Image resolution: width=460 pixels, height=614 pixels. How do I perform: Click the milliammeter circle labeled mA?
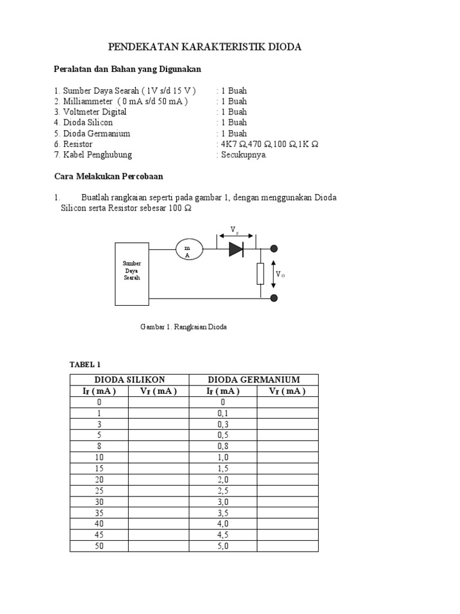tap(189, 249)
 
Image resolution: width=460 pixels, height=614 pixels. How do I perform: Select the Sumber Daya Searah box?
tap(132, 274)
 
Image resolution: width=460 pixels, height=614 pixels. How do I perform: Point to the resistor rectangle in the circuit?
tap(261, 273)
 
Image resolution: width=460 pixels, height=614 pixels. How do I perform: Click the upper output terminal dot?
tap(275, 249)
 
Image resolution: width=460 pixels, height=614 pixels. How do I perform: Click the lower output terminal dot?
tap(275, 298)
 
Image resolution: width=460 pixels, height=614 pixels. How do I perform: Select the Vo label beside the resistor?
tap(280, 274)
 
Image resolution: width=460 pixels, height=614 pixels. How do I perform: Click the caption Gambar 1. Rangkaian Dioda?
tap(183, 327)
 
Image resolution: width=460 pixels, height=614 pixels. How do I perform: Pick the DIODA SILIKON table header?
tap(129, 380)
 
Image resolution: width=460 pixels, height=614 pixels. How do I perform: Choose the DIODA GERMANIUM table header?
tap(253, 380)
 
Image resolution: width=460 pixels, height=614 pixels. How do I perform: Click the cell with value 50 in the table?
tap(99, 546)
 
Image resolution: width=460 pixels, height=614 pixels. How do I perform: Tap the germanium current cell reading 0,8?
tap(223, 446)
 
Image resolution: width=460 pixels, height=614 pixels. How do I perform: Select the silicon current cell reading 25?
tap(99, 490)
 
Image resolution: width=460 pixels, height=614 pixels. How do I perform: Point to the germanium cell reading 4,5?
tap(223, 535)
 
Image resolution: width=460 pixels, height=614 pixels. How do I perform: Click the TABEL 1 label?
tap(86, 365)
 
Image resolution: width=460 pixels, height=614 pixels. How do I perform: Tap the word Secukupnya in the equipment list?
tap(244, 155)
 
